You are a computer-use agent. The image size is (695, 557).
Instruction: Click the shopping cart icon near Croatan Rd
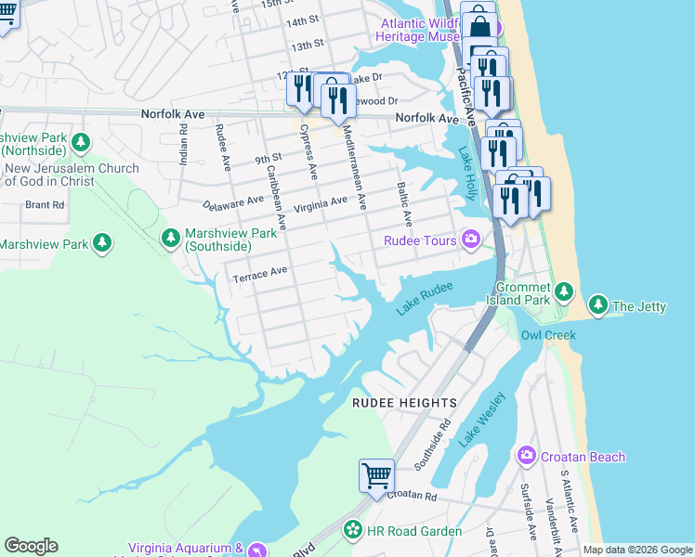point(376,475)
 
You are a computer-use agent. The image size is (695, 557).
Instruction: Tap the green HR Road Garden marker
point(353,531)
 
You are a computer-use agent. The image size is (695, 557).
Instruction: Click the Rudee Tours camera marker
point(471,240)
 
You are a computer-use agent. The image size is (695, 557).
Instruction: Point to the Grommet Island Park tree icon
point(564,293)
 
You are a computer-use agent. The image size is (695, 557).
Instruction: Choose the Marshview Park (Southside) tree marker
point(171,239)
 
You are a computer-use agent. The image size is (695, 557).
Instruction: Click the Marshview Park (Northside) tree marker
point(82,142)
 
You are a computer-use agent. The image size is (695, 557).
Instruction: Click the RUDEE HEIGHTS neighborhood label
point(404,403)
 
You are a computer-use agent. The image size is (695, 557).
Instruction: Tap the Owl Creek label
point(547,335)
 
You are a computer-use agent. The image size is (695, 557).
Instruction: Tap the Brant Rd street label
point(44,204)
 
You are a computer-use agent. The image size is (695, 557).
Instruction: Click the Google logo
point(32,546)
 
